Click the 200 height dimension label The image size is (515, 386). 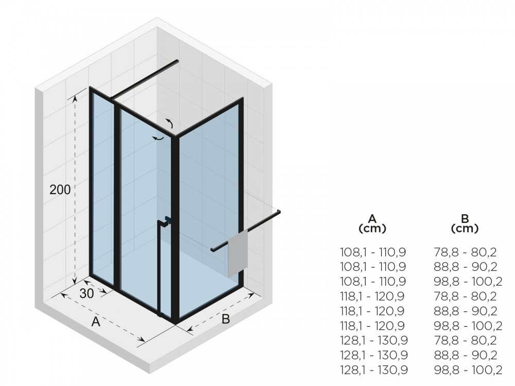pos(60,189)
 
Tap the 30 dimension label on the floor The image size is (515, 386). pos(87,293)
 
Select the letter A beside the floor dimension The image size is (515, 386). pos(96,322)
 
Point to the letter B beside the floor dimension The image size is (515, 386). pos(226,319)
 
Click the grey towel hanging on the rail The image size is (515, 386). pos(238,253)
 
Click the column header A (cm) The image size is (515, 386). pos(372,223)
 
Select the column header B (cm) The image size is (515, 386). pos(465,223)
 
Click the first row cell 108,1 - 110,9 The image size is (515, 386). pos(373,252)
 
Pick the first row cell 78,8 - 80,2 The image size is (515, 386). pos(465,252)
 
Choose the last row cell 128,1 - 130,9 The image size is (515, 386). pos(374,370)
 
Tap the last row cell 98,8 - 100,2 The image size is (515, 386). pos(468,370)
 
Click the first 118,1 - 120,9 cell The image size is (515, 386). pos(372,296)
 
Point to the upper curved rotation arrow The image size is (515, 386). pos(169,123)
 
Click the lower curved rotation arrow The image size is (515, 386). pos(158,138)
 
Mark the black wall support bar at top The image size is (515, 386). pos(144,79)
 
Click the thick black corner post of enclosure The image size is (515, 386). pos(175,229)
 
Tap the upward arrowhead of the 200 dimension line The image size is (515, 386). pos(75,97)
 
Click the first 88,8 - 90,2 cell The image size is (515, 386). pos(465,267)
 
